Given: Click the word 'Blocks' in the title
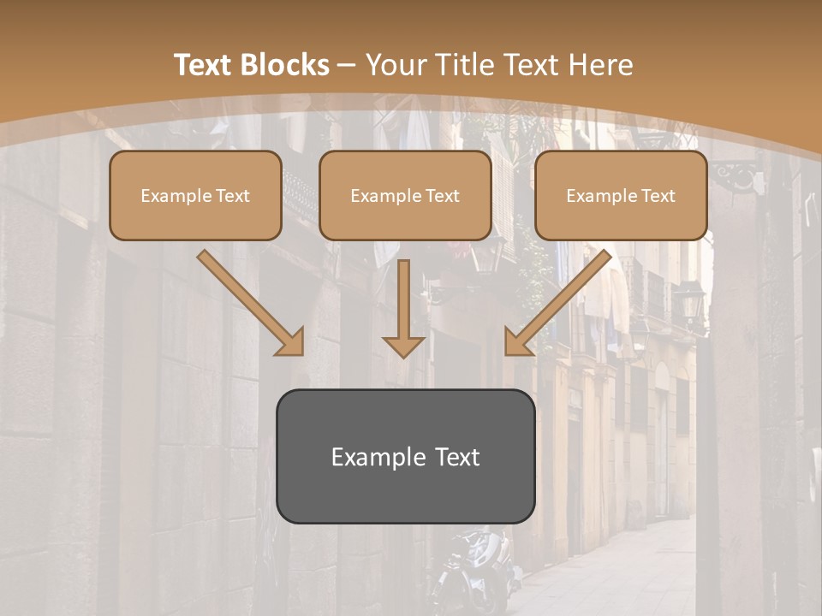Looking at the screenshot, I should click(x=285, y=65).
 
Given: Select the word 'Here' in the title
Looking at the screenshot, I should click(x=600, y=65).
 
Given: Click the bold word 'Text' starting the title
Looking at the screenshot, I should click(x=205, y=65).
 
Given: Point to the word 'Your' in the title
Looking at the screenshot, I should click(x=396, y=65).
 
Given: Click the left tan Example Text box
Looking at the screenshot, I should click(x=195, y=195).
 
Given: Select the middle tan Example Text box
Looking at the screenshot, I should click(x=405, y=195).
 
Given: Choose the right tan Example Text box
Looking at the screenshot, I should click(x=621, y=195).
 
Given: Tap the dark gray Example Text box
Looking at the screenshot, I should click(x=405, y=456).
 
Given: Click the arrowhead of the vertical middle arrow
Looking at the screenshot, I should click(x=403, y=346).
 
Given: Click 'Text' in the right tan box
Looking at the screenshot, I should click(x=658, y=196).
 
